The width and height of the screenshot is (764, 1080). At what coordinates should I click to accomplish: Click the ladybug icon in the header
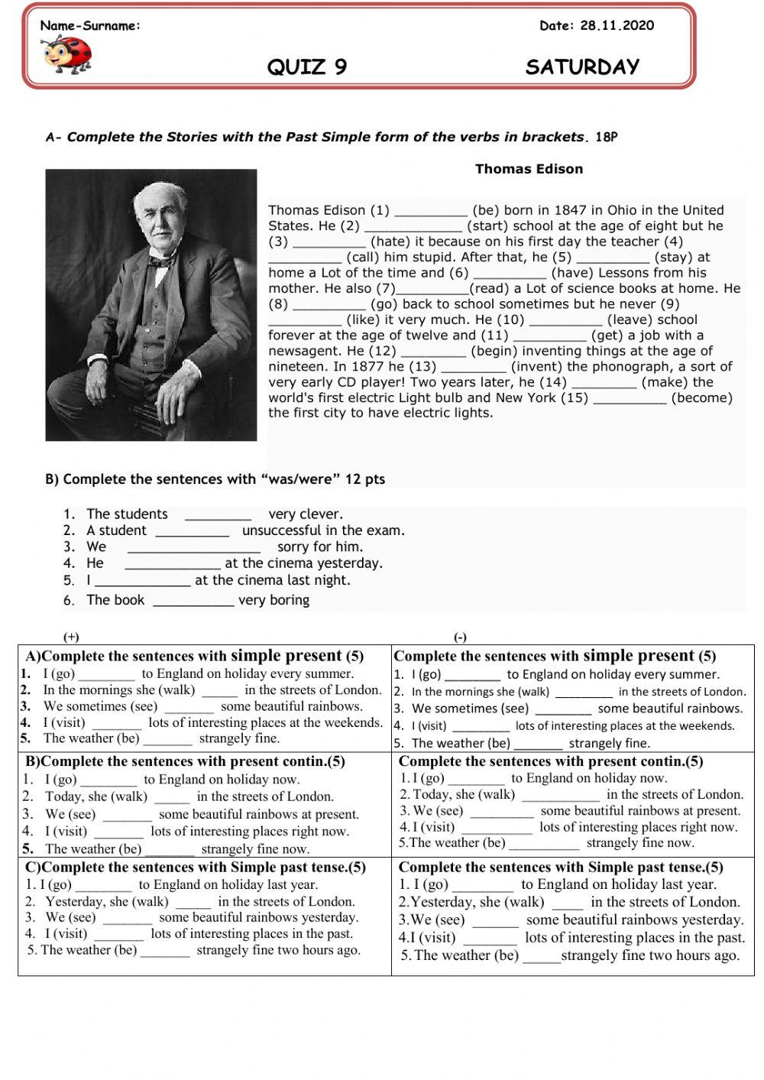coord(67,54)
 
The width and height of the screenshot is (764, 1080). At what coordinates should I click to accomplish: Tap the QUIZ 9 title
coord(307,67)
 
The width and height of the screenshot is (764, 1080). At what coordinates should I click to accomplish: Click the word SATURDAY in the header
coord(582,67)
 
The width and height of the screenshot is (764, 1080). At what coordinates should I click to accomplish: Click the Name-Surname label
coord(90,26)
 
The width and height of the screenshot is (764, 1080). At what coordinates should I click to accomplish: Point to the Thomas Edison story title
coord(529,169)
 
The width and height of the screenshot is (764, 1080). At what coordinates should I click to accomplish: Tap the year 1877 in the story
coord(367,367)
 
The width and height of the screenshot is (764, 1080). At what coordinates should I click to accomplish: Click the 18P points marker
coord(606,138)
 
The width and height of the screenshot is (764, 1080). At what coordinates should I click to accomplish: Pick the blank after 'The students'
coord(218,515)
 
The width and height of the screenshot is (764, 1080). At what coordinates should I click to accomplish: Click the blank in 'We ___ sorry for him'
coord(193,548)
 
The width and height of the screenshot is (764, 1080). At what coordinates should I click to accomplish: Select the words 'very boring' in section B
coord(274,601)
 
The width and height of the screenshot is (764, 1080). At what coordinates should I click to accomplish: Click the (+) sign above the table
coord(71,637)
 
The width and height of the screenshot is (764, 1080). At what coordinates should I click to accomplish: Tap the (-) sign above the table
coord(460,637)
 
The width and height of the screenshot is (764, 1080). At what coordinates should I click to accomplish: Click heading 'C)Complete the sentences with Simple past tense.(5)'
coord(196,868)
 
